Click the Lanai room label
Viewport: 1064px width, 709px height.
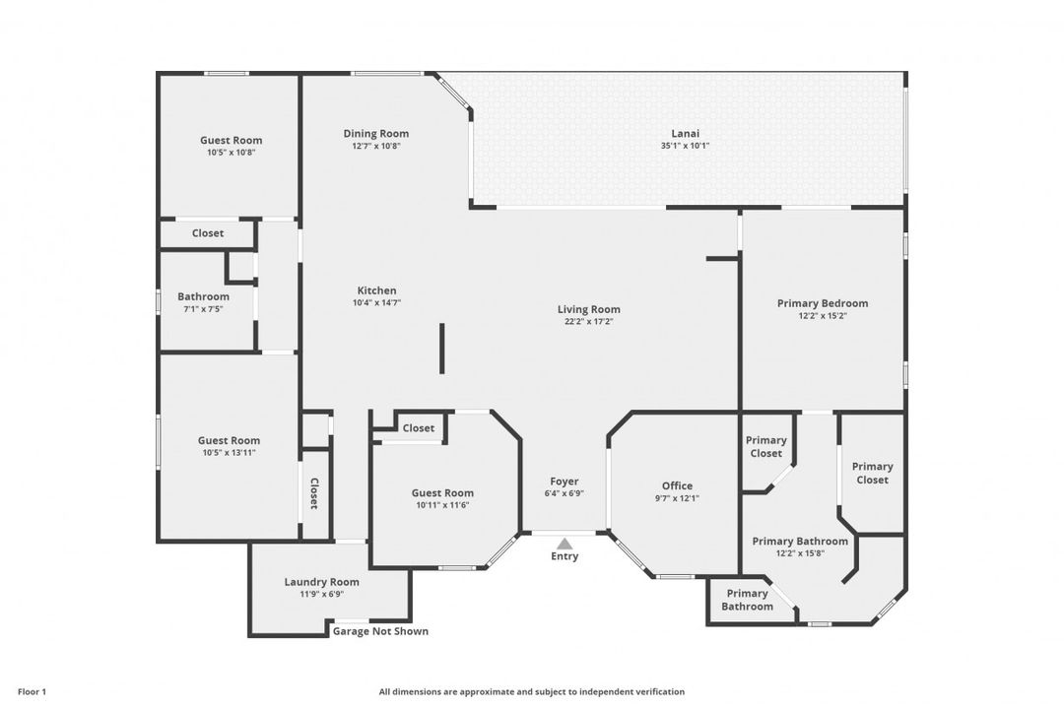point(686,134)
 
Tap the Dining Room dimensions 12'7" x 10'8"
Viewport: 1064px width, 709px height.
point(376,146)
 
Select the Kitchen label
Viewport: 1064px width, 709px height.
point(376,290)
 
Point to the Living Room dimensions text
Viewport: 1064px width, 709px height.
point(588,322)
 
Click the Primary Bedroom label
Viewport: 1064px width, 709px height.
point(823,303)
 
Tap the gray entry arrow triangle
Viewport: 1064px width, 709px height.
point(565,544)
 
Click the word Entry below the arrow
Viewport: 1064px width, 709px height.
point(565,556)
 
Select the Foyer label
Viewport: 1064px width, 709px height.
point(564,481)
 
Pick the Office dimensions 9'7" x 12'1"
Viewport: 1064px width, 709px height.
point(677,498)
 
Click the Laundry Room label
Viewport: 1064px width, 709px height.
point(321,582)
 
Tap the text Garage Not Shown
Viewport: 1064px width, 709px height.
point(380,631)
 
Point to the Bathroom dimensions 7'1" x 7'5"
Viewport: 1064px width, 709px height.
point(203,309)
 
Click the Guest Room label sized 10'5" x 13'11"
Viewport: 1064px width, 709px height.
point(229,440)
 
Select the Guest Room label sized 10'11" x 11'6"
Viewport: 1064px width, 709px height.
point(442,493)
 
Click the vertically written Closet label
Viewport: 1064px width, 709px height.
point(314,493)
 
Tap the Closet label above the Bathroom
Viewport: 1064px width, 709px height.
point(208,233)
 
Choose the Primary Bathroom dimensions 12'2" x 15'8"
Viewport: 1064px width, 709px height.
point(800,553)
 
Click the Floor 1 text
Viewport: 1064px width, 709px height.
point(32,692)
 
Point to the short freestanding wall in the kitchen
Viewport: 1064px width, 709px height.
point(441,348)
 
